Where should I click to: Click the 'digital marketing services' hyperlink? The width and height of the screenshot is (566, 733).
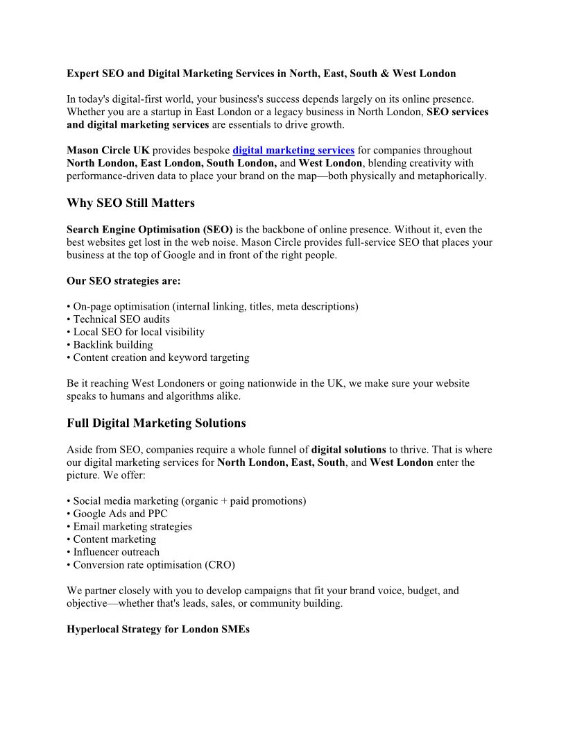[293, 151]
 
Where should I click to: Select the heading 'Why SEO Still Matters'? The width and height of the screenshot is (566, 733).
[130, 203]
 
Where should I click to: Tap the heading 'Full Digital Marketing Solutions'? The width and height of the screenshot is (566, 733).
[156, 423]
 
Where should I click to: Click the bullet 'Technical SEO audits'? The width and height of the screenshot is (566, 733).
[121, 319]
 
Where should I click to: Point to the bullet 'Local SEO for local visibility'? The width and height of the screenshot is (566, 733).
[138, 332]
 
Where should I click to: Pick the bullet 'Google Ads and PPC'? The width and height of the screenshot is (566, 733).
[120, 514]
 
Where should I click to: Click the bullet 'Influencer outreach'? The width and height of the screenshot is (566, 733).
[116, 552]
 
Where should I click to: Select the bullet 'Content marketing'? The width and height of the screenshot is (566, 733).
[114, 539]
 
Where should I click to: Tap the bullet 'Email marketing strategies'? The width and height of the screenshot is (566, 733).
[132, 526]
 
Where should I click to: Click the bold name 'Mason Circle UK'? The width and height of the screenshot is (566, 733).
[108, 151]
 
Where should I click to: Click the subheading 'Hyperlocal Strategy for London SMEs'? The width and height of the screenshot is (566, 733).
[158, 630]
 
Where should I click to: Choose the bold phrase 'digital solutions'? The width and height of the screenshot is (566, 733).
[348, 450]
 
